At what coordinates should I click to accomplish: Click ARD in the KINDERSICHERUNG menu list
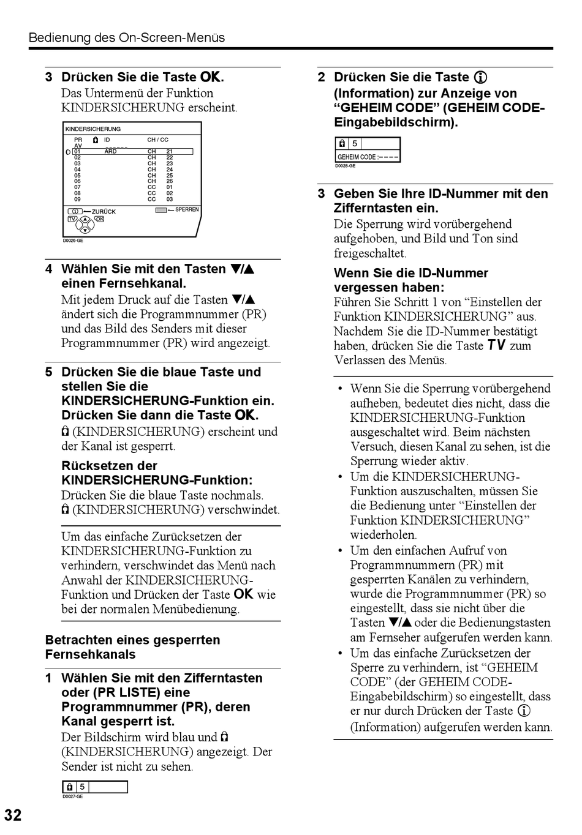tap(110, 151)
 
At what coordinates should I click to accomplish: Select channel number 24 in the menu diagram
tap(170, 170)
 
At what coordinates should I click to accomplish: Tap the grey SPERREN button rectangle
tap(161, 210)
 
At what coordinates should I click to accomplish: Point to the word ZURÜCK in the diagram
tap(104, 212)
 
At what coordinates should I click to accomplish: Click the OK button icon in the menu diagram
tap(99, 219)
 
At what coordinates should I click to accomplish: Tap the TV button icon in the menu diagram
tap(72, 219)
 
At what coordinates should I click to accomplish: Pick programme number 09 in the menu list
tap(77, 199)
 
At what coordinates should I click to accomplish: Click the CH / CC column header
tap(157, 140)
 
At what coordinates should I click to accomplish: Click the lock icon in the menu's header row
tap(95, 140)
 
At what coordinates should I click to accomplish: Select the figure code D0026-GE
tap(73, 241)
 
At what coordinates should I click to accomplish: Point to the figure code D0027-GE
tap(72, 796)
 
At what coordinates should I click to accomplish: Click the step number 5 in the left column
tap(48, 372)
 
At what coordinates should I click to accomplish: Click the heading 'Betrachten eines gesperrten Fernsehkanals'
tap(132, 647)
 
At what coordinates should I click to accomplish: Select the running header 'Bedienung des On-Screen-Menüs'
tap(127, 38)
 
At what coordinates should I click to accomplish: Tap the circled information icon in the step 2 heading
tap(481, 78)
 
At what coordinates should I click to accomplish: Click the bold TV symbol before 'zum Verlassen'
tap(496, 346)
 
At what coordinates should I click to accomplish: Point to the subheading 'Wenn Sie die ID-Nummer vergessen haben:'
tap(410, 280)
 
